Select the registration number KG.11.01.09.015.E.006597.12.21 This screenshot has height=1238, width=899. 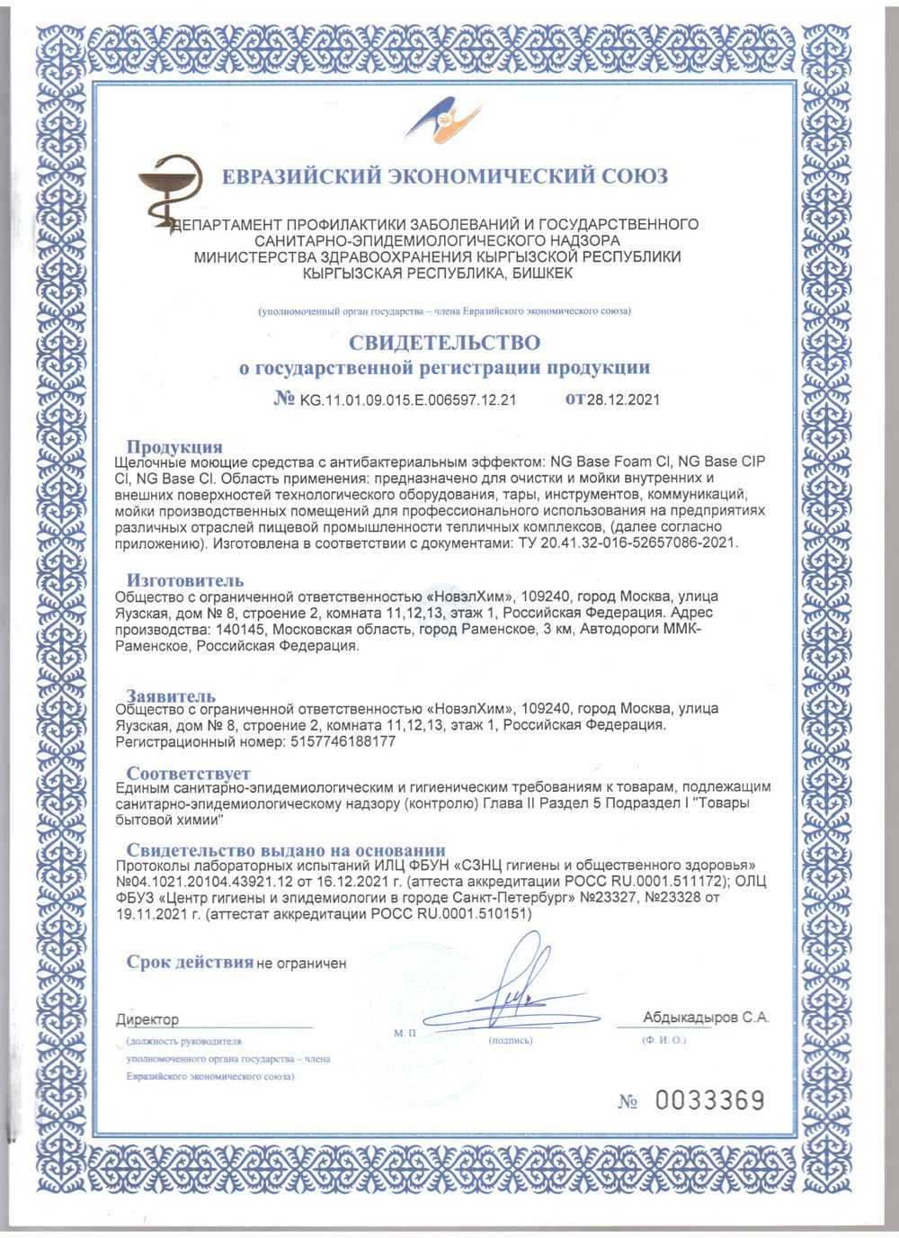click(407, 399)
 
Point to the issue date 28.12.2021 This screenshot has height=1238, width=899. click(623, 399)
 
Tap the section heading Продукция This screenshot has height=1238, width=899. click(174, 447)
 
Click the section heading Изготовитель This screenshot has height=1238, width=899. click(184, 580)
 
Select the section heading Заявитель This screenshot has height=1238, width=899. click(171, 695)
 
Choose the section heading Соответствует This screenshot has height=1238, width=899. click(188, 773)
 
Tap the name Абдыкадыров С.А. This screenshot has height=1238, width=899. click(706, 1018)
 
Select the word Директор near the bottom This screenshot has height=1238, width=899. click(147, 1019)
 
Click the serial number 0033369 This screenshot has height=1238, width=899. click(709, 1099)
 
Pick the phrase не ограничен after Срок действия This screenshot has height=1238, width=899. click(301, 964)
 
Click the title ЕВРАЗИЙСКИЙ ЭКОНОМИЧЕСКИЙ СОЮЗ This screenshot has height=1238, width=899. click(444, 176)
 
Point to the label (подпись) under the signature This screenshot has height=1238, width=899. click(510, 1040)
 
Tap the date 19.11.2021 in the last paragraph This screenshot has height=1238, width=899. click(148, 913)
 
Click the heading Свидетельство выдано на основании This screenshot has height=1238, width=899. click(285, 850)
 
